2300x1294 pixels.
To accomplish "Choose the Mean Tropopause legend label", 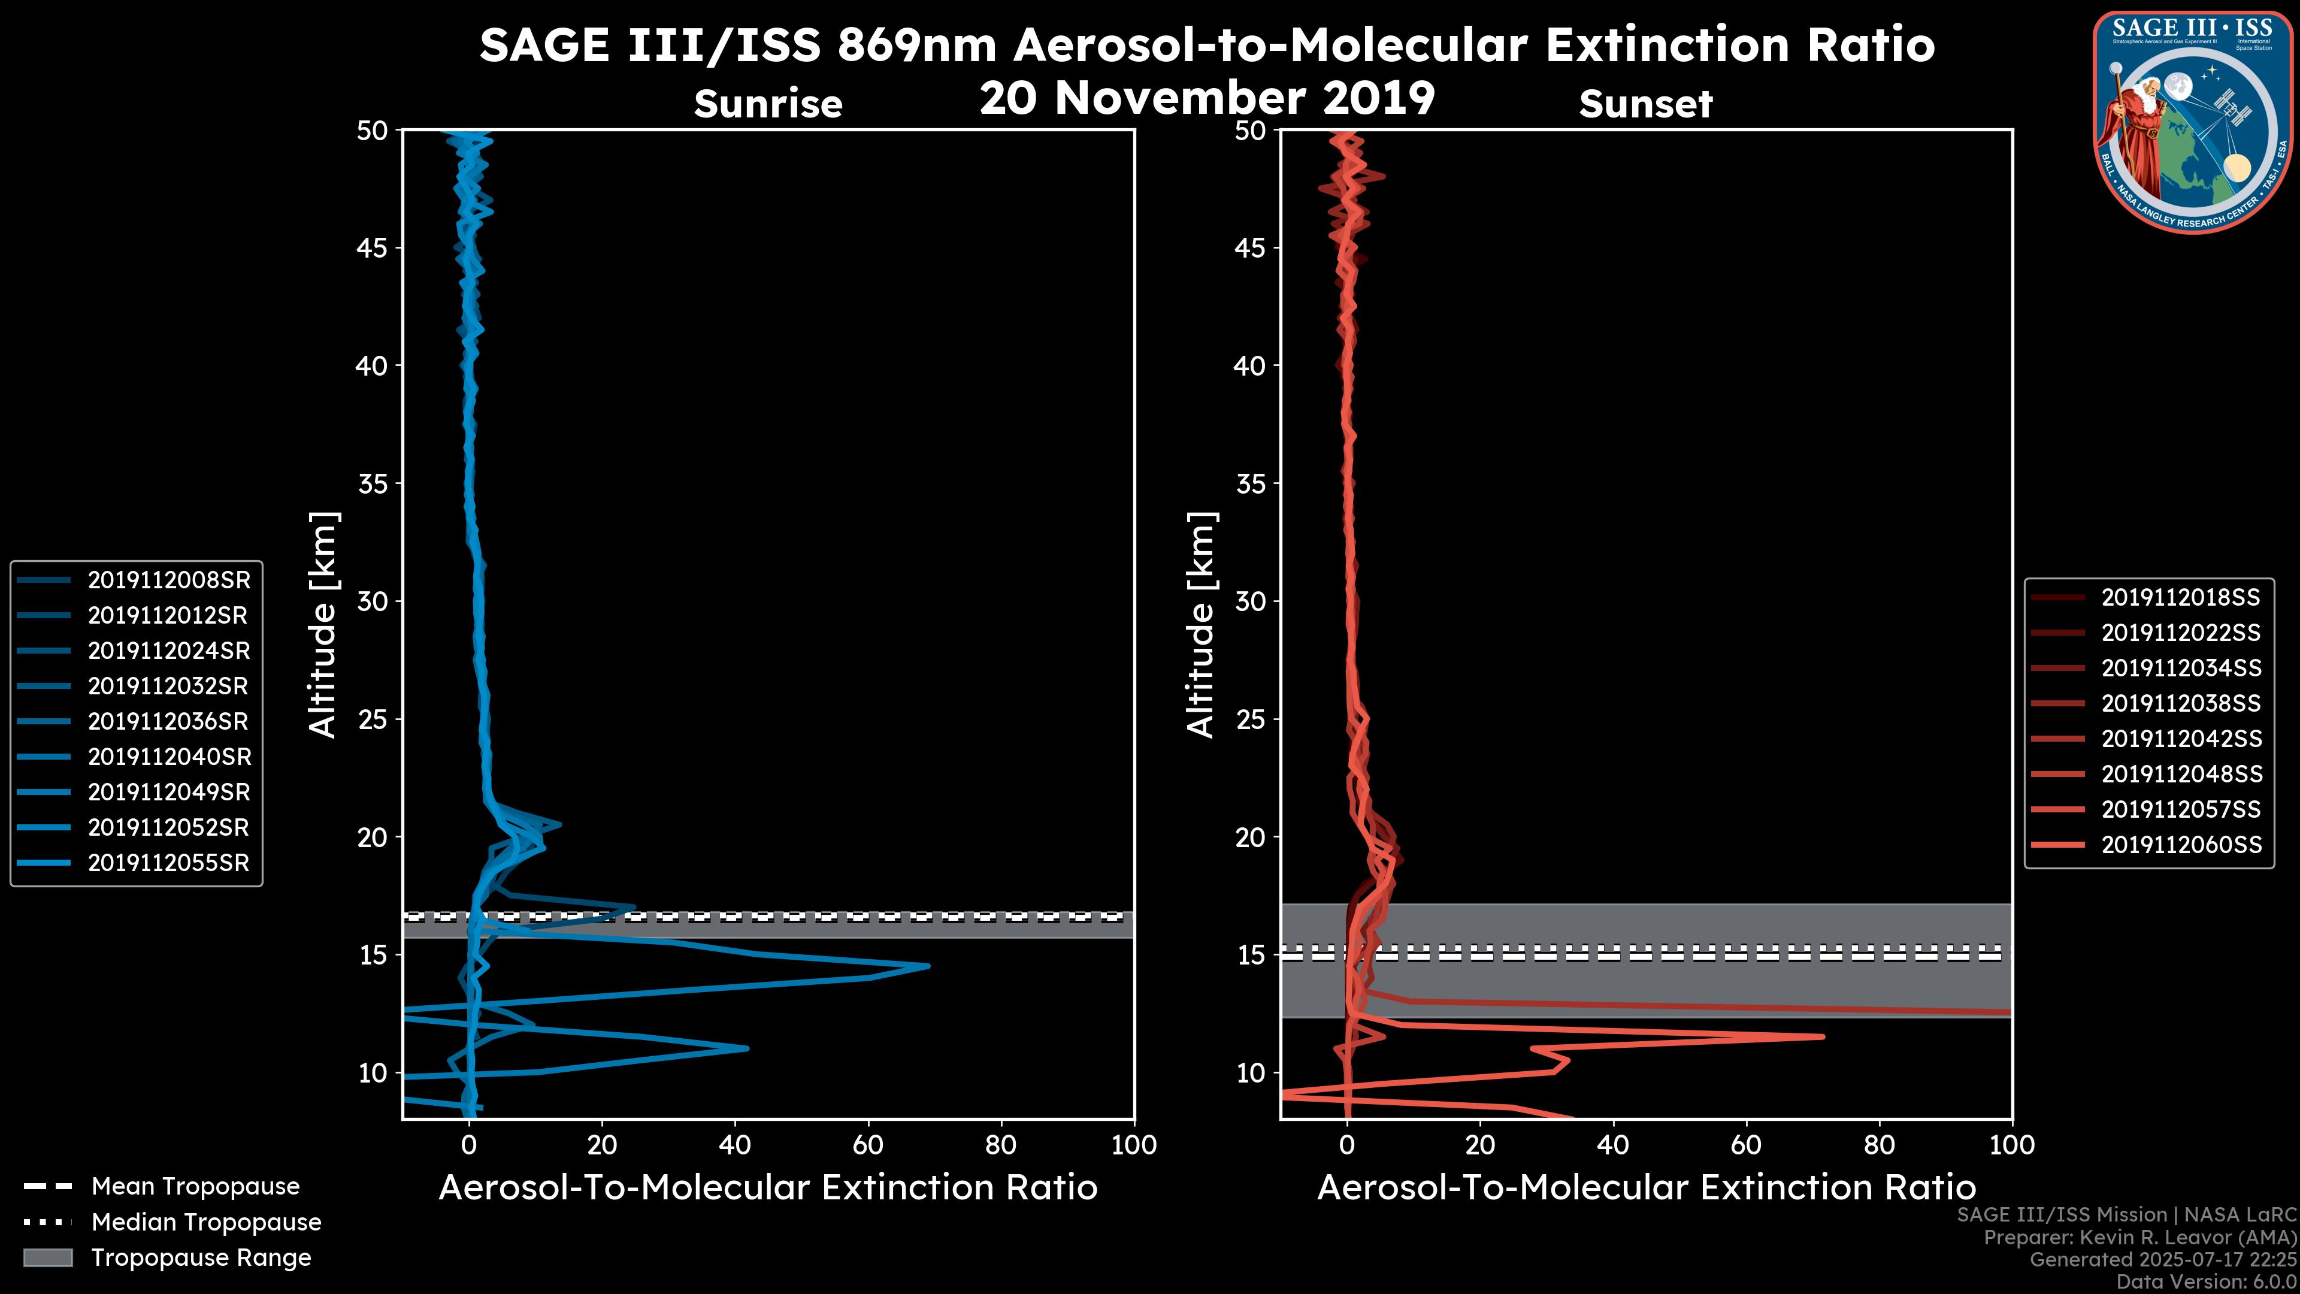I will (195, 1187).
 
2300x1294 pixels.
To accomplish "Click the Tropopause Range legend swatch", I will (48, 1257).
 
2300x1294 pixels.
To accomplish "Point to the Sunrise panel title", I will (768, 104).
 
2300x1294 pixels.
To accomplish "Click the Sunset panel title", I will (1645, 104).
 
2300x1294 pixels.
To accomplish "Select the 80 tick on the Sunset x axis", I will (1880, 1145).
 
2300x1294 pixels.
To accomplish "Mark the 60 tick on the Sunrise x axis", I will (868, 1145).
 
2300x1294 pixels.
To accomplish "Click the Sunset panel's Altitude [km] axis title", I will (1201, 625).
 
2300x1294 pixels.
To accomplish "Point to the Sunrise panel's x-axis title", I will (768, 1188).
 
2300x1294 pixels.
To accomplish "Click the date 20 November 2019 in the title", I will (1207, 98).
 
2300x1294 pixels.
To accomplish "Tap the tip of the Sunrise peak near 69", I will (928, 965).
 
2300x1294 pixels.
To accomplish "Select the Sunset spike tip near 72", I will (1823, 1037).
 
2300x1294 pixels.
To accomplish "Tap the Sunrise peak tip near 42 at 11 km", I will (747, 1048).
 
